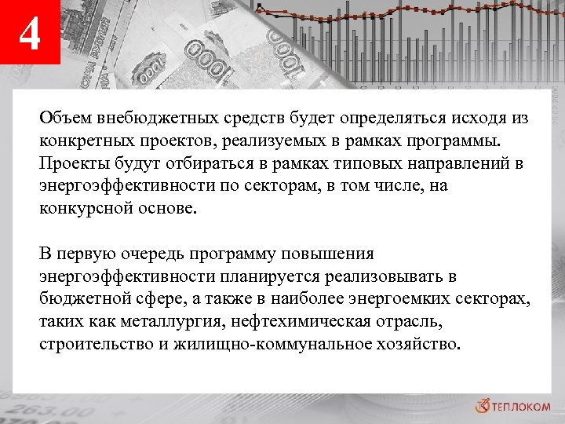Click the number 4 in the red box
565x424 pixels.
29,35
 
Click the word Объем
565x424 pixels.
66,119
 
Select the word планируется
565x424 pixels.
235,277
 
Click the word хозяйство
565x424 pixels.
415,345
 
